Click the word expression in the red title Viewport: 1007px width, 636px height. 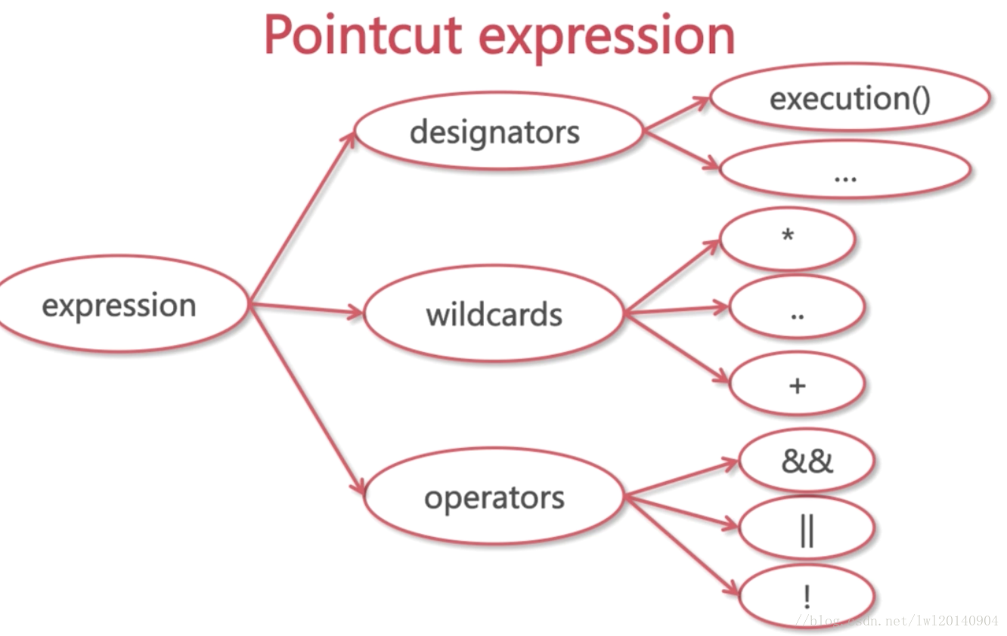pyautogui.click(x=606, y=35)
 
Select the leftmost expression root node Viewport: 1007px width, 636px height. pyautogui.click(x=119, y=304)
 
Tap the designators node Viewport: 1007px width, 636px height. pyautogui.click(x=495, y=132)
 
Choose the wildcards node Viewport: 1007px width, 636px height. pyautogui.click(x=494, y=313)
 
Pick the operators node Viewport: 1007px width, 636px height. pyautogui.click(x=494, y=498)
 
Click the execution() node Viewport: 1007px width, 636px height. pyautogui.click(x=850, y=98)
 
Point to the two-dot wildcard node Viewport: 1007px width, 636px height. pyautogui.click(x=797, y=308)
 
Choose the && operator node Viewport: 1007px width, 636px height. pyautogui.click(x=806, y=461)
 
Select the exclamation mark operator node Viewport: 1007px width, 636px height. pyautogui.click(x=806, y=597)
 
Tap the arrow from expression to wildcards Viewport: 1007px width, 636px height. pyautogui.click(x=306, y=308)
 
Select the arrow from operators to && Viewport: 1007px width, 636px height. pyautogui.click(x=680, y=477)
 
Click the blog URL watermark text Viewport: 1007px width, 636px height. pyautogui.click(x=903, y=621)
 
